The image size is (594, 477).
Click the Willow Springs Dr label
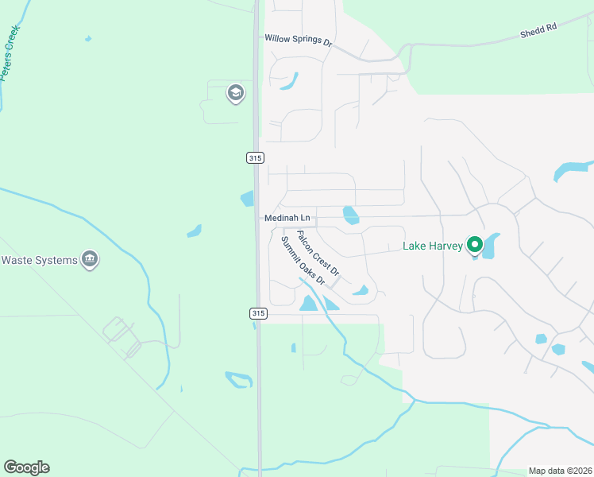coord(298,39)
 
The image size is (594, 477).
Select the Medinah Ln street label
coord(287,218)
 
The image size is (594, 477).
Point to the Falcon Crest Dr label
coord(318,254)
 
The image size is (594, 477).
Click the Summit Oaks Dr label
coord(303,261)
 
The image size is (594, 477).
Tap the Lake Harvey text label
coord(433,246)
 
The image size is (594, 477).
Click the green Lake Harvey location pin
coord(475,245)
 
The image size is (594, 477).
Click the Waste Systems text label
coord(39,260)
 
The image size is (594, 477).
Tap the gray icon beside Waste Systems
coord(90,259)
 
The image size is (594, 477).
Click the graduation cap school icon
coord(235,94)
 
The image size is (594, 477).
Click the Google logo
coord(26,467)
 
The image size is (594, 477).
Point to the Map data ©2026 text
coord(560,471)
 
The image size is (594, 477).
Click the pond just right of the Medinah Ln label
coord(349,215)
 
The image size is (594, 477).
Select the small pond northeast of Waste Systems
coord(194,231)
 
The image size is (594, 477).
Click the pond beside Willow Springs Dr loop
coord(289,80)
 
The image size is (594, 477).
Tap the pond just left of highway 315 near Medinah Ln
coord(247,199)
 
